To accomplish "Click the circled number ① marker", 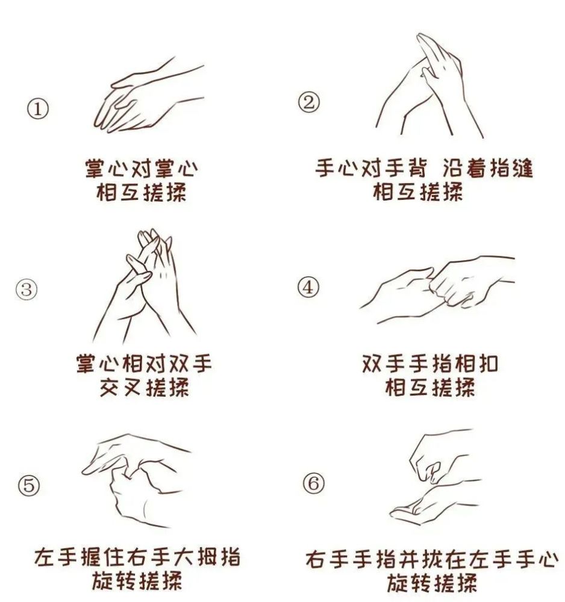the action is tap(38, 109).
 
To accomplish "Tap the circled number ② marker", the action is tap(308, 102).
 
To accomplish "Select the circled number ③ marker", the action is tap(27, 289).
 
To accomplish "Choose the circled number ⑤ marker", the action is tap(29, 486).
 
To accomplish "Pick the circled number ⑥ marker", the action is tap(313, 483).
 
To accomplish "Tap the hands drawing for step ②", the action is tap(429, 85).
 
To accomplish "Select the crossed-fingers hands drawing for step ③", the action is tap(145, 286).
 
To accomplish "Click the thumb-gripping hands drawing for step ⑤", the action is tap(136, 480).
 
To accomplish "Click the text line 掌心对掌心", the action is tap(142, 169).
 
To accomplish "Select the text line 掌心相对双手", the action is tap(144, 364).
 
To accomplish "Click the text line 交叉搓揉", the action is tap(145, 387).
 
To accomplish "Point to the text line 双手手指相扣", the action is tap(430, 364).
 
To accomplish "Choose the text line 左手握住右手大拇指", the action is tap(137, 557).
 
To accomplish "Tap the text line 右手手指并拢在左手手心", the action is tap(432, 560).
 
